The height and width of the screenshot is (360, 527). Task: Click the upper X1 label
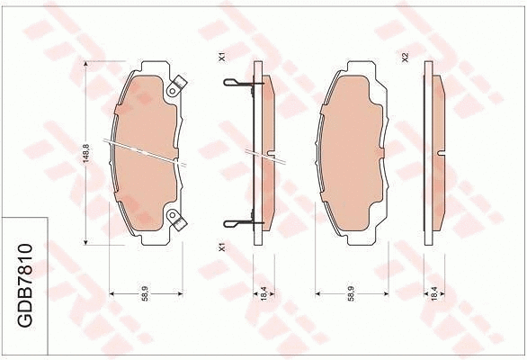tap(221, 58)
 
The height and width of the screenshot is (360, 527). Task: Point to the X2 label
tap(406, 58)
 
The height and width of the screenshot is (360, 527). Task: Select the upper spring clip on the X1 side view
tap(237, 85)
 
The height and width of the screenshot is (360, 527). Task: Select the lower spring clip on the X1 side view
tap(237, 222)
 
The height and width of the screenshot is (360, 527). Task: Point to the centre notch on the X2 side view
tap(441, 157)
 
